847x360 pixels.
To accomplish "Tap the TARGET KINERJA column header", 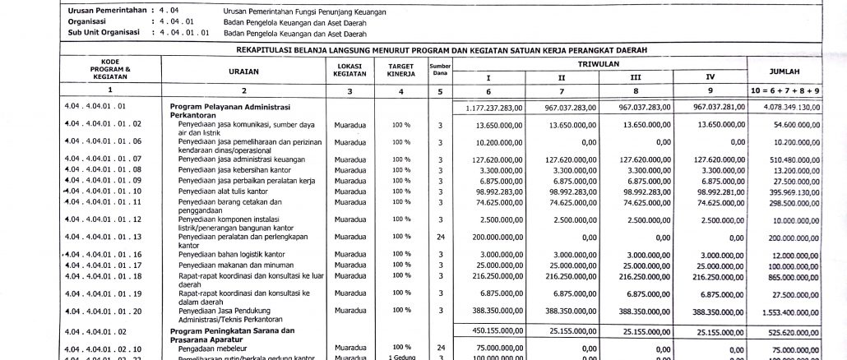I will [400, 68].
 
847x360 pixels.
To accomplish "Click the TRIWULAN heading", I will [599, 63].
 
